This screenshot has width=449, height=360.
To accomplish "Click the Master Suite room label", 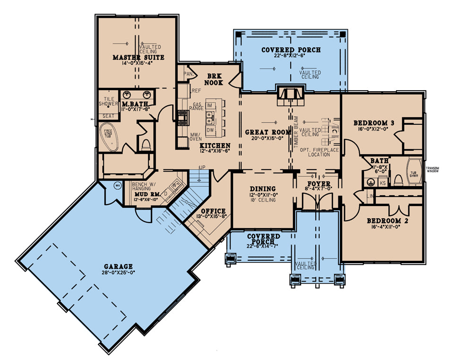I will pyautogui.click(x=138, y=58).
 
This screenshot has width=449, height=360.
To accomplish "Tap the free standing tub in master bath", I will pyautogui.click(x=109, y=137).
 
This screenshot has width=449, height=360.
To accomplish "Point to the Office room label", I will pyautogui.click(x=213, y=211).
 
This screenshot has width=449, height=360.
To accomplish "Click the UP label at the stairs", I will pyautogui.click(x=202, y=168).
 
